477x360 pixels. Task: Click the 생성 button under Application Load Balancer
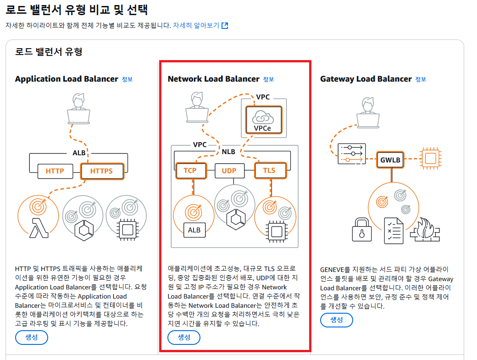coord(32,337)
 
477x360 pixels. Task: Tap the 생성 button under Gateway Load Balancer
coord(337,320)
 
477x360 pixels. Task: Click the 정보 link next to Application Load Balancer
coord(127,79)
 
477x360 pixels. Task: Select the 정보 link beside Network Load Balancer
coord(268,79)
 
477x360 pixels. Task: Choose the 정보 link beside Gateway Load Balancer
coord(421,79)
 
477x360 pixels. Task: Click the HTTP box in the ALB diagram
coord(55,172)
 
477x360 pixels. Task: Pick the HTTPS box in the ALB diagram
coord(102,172)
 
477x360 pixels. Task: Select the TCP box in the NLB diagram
coord(190,171)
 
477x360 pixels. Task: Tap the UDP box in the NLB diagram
coord(229,171)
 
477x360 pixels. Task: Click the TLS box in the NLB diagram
coord(269,171)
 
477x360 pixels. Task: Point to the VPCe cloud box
coord(263,120)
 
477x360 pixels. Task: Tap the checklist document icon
coord(394,229)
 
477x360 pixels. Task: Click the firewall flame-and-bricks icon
coord(425,228)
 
